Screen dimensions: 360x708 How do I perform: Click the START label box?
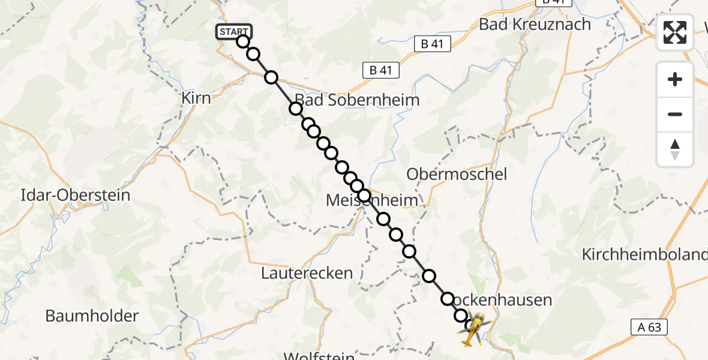(233, 32)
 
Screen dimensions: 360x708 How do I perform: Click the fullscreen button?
(675, 32)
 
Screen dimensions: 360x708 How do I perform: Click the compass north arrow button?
(675, 149)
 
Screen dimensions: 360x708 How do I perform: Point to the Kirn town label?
(196, 98)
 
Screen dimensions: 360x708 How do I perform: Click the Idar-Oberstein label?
(75, 195)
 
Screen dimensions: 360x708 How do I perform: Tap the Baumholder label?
(92, 316)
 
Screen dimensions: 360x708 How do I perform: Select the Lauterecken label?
(307, 274)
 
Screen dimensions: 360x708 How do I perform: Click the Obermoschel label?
(457, 175)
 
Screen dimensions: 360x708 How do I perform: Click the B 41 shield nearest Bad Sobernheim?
(381, 70)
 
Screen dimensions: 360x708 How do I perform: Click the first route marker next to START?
(242, 41)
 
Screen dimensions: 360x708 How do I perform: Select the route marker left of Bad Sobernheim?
(295, 109)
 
